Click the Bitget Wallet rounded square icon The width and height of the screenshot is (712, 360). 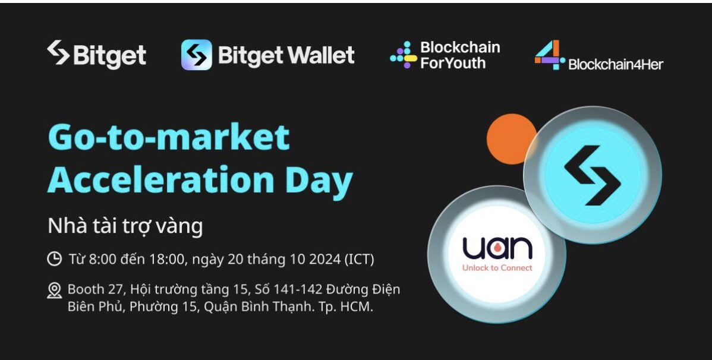point(197,55)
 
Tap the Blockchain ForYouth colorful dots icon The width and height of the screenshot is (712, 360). point(403,55)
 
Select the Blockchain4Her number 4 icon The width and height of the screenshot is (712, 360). point(549,55)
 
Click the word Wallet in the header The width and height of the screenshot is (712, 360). point(320,55)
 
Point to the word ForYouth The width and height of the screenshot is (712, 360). point(453,62)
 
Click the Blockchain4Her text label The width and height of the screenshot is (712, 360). point(616,65)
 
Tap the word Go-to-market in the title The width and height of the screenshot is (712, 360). point(168,137)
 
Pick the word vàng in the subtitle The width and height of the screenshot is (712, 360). point(179,226)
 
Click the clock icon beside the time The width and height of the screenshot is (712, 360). point(55,259)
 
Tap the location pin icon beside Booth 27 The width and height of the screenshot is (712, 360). point(55,290)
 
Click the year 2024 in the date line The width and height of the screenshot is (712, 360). point(325,259)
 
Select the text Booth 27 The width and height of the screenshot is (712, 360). point(93,289)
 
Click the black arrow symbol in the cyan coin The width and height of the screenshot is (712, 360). point(593,175)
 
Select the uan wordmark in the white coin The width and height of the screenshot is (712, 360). point(497,248)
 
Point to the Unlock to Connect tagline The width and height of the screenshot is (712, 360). point(497,268)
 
